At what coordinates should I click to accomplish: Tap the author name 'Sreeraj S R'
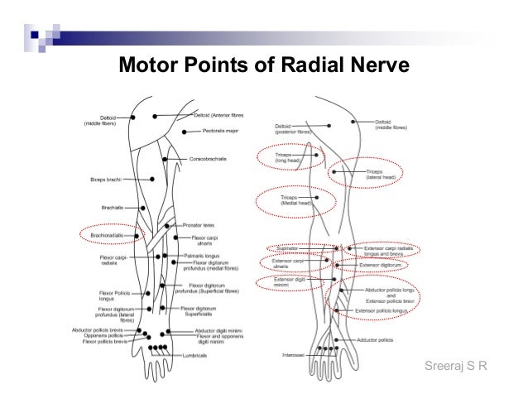pos(454,364)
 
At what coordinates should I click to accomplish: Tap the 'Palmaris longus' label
pos(202,257)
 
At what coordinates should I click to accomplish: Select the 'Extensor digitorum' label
pos(382,266)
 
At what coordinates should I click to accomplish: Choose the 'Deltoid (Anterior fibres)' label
pos(224,114)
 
